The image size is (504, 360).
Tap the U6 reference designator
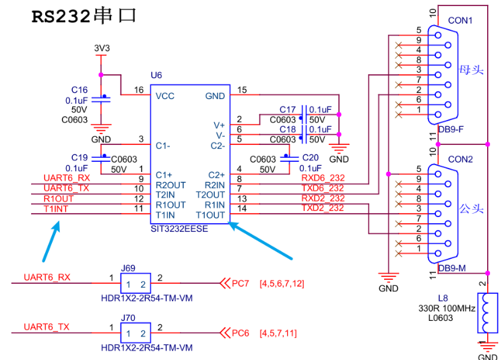[x=156, y=76]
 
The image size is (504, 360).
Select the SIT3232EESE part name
[x=179, y=229]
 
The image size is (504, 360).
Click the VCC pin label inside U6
[x=165, y=96]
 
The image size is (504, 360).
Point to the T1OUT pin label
[x=210, y=215]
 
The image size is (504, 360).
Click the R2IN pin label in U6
[x=215, y=185]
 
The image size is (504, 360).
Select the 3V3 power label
[x=102, y=49]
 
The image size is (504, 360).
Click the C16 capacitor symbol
[x=101, y=99]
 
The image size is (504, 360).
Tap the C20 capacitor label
[x=311, y=158]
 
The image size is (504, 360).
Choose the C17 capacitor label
[x=287, y=110]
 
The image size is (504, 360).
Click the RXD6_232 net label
[x=323, y=178]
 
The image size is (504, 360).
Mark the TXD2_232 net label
[x=323, y=208]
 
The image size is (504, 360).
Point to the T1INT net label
[x=56, y=209]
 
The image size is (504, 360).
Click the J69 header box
[x=135, y=283]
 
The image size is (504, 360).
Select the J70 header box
[x=135, y=332]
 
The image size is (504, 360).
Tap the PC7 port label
[x=241, y=283]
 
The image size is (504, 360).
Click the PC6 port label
[x=241, y=333]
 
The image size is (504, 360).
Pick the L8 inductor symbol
[x=487, y=313]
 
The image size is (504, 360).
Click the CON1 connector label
[x=460, y=21]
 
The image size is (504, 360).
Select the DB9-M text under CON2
[x=452, y=268]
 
